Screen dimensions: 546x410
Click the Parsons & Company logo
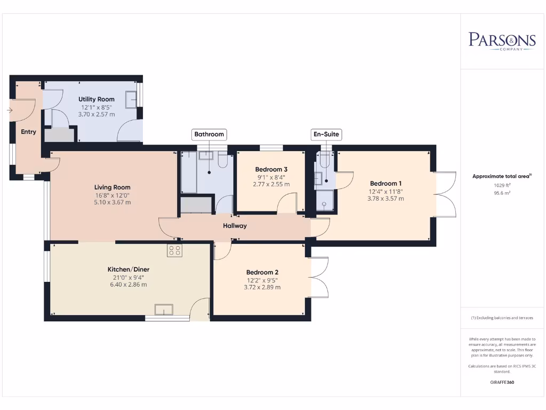[x=502, y=42]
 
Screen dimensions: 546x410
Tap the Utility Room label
[x=97, y=99]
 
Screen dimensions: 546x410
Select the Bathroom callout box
[x=209, y=134]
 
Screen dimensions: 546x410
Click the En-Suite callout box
[x=326, y=134]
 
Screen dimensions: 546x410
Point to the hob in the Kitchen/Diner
[x=174, y=250]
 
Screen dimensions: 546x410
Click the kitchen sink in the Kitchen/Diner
[x=164, y=309]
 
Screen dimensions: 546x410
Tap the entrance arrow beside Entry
[x=10, y=110]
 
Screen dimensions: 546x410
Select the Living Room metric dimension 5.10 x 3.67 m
[x=113, y=202]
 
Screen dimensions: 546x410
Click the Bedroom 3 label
[x=271, y=169]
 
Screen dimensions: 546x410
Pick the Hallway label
[x=235, y=226]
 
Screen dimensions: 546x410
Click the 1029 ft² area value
[x=502, y=185]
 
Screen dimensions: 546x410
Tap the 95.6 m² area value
[x=502, y=193]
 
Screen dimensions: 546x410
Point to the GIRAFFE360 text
[x=502, y=382]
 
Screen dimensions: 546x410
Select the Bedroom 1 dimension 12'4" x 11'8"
[x=386, y=192]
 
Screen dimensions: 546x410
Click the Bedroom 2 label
[x=262, y=272]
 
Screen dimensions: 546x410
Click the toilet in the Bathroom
[x=223, y=160]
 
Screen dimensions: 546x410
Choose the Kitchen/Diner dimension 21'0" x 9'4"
[x=129, y=278]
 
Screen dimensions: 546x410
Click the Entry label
[x=29, y=132]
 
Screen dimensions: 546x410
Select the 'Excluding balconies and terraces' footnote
[x=502, y=318]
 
